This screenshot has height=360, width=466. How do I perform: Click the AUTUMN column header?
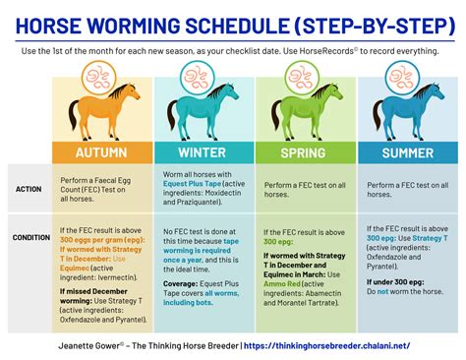pos(102,153)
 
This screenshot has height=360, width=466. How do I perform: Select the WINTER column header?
pos(204,153)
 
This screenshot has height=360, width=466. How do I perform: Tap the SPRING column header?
pos(305,153)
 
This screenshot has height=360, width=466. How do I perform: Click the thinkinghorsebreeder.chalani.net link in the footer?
pos(349,345)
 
